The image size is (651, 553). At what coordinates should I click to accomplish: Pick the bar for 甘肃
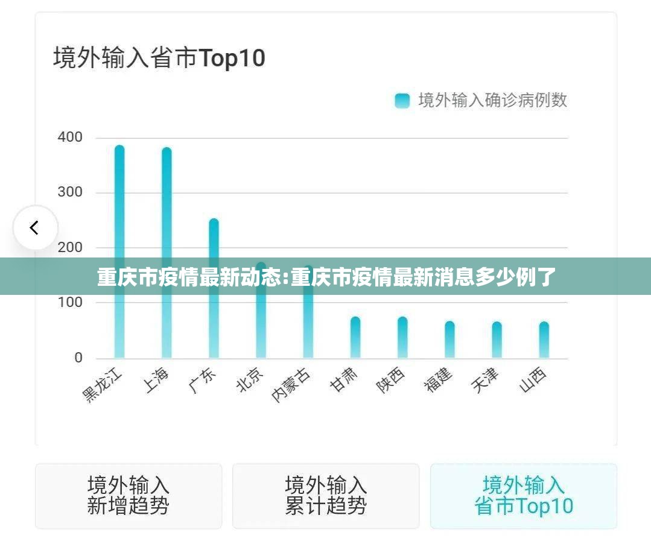[x=355, y=337]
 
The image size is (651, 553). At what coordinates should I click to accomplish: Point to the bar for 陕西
[x=402, y=337]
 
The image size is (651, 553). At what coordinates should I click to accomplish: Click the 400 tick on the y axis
[x=70, y=137]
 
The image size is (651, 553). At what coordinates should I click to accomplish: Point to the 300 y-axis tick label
[x=70, y=192]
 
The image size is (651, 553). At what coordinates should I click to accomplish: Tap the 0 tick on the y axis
[x=78, y=358]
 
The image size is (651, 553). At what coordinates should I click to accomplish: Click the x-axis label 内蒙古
[x=291, y=385]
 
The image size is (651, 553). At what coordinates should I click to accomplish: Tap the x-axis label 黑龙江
[x=103, y=386]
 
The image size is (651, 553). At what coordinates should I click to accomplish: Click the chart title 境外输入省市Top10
[x=159, y=58]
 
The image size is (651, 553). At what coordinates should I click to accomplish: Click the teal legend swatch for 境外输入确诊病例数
[x=402, y=101]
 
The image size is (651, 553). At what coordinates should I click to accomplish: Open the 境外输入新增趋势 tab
[x=128, y=496]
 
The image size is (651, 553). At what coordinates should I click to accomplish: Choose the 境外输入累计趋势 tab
[x=326, y=496]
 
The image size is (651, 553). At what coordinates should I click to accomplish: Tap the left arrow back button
[x=35, y=228]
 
